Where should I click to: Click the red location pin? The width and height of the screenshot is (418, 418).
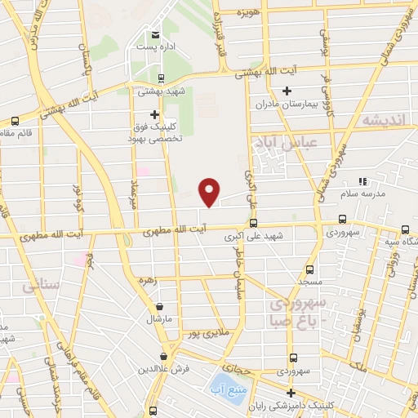(x=210, y=192)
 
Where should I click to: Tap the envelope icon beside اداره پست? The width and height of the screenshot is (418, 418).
(x=154, y=34)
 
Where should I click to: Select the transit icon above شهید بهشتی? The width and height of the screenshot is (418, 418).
(x=161, y=79)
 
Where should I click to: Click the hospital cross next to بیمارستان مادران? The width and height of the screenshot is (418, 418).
(x=287, y=92)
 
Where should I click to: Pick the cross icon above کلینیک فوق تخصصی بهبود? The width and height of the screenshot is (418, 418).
(x=154, y=113)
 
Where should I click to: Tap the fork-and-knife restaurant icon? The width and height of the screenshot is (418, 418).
(x=363, y=180)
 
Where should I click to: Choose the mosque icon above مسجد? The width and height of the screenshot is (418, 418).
(x=309, y=269)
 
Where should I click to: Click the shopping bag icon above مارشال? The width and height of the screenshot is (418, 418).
(x=159, y=307)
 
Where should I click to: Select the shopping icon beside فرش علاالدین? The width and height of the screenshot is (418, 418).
(x=165, y=356)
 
